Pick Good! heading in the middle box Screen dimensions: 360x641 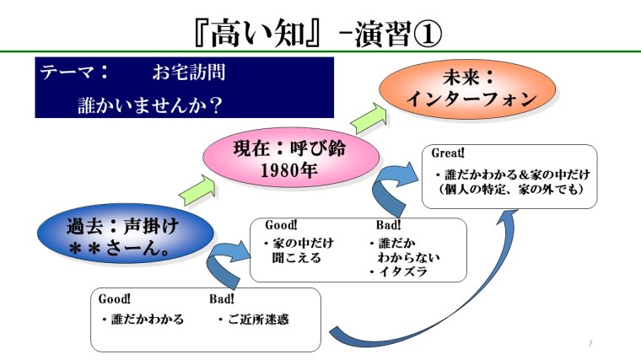tap(281, 225)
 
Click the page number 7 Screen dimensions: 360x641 tap(590, 344)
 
